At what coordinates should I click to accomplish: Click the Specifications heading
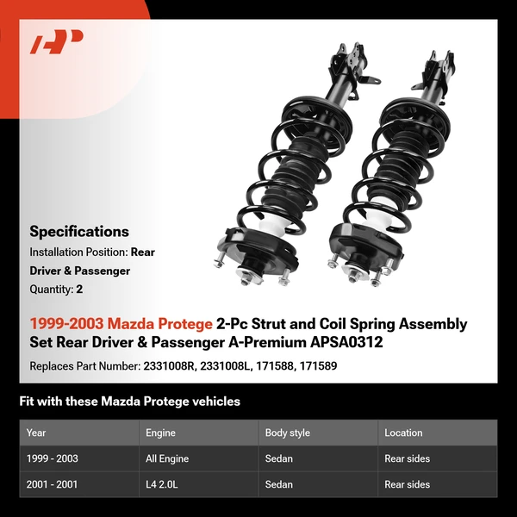[79, 231]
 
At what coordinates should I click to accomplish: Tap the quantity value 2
[79, 290]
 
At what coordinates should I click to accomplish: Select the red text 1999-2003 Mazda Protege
[121, 324]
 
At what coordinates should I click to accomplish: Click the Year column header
[36, 433]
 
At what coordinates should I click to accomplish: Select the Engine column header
[160, 433]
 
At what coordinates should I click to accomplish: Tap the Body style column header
[288, 433]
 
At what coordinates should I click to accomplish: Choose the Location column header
[403, 433]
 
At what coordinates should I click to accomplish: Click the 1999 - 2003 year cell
[52, 458]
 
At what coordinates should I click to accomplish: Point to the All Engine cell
[167, 458]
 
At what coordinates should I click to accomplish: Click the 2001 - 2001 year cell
[52, 484]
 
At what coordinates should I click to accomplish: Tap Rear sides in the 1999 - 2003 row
[407, 458]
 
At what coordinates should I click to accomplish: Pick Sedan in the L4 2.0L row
[279, 484]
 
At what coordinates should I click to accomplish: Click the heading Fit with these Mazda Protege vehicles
[129, 402]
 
